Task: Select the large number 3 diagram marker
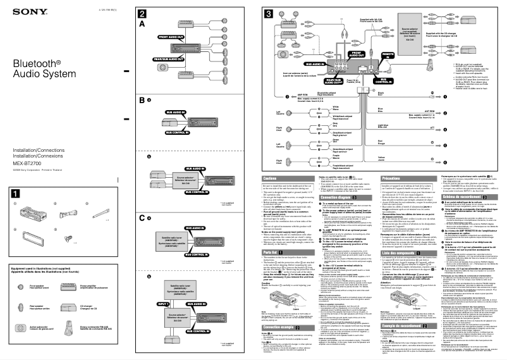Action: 269,13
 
